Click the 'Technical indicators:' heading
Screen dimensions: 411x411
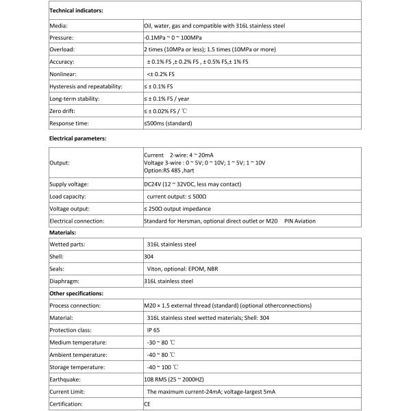(x=77, y=12)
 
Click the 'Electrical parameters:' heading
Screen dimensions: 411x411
(x=79, y=138)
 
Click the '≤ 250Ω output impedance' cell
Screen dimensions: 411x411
(x=177, y=208)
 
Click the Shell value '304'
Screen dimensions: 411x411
(x=149, y=256)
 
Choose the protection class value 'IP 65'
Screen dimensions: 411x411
(x=155, y=330)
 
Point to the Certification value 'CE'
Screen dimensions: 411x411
(x=147, y=404)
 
